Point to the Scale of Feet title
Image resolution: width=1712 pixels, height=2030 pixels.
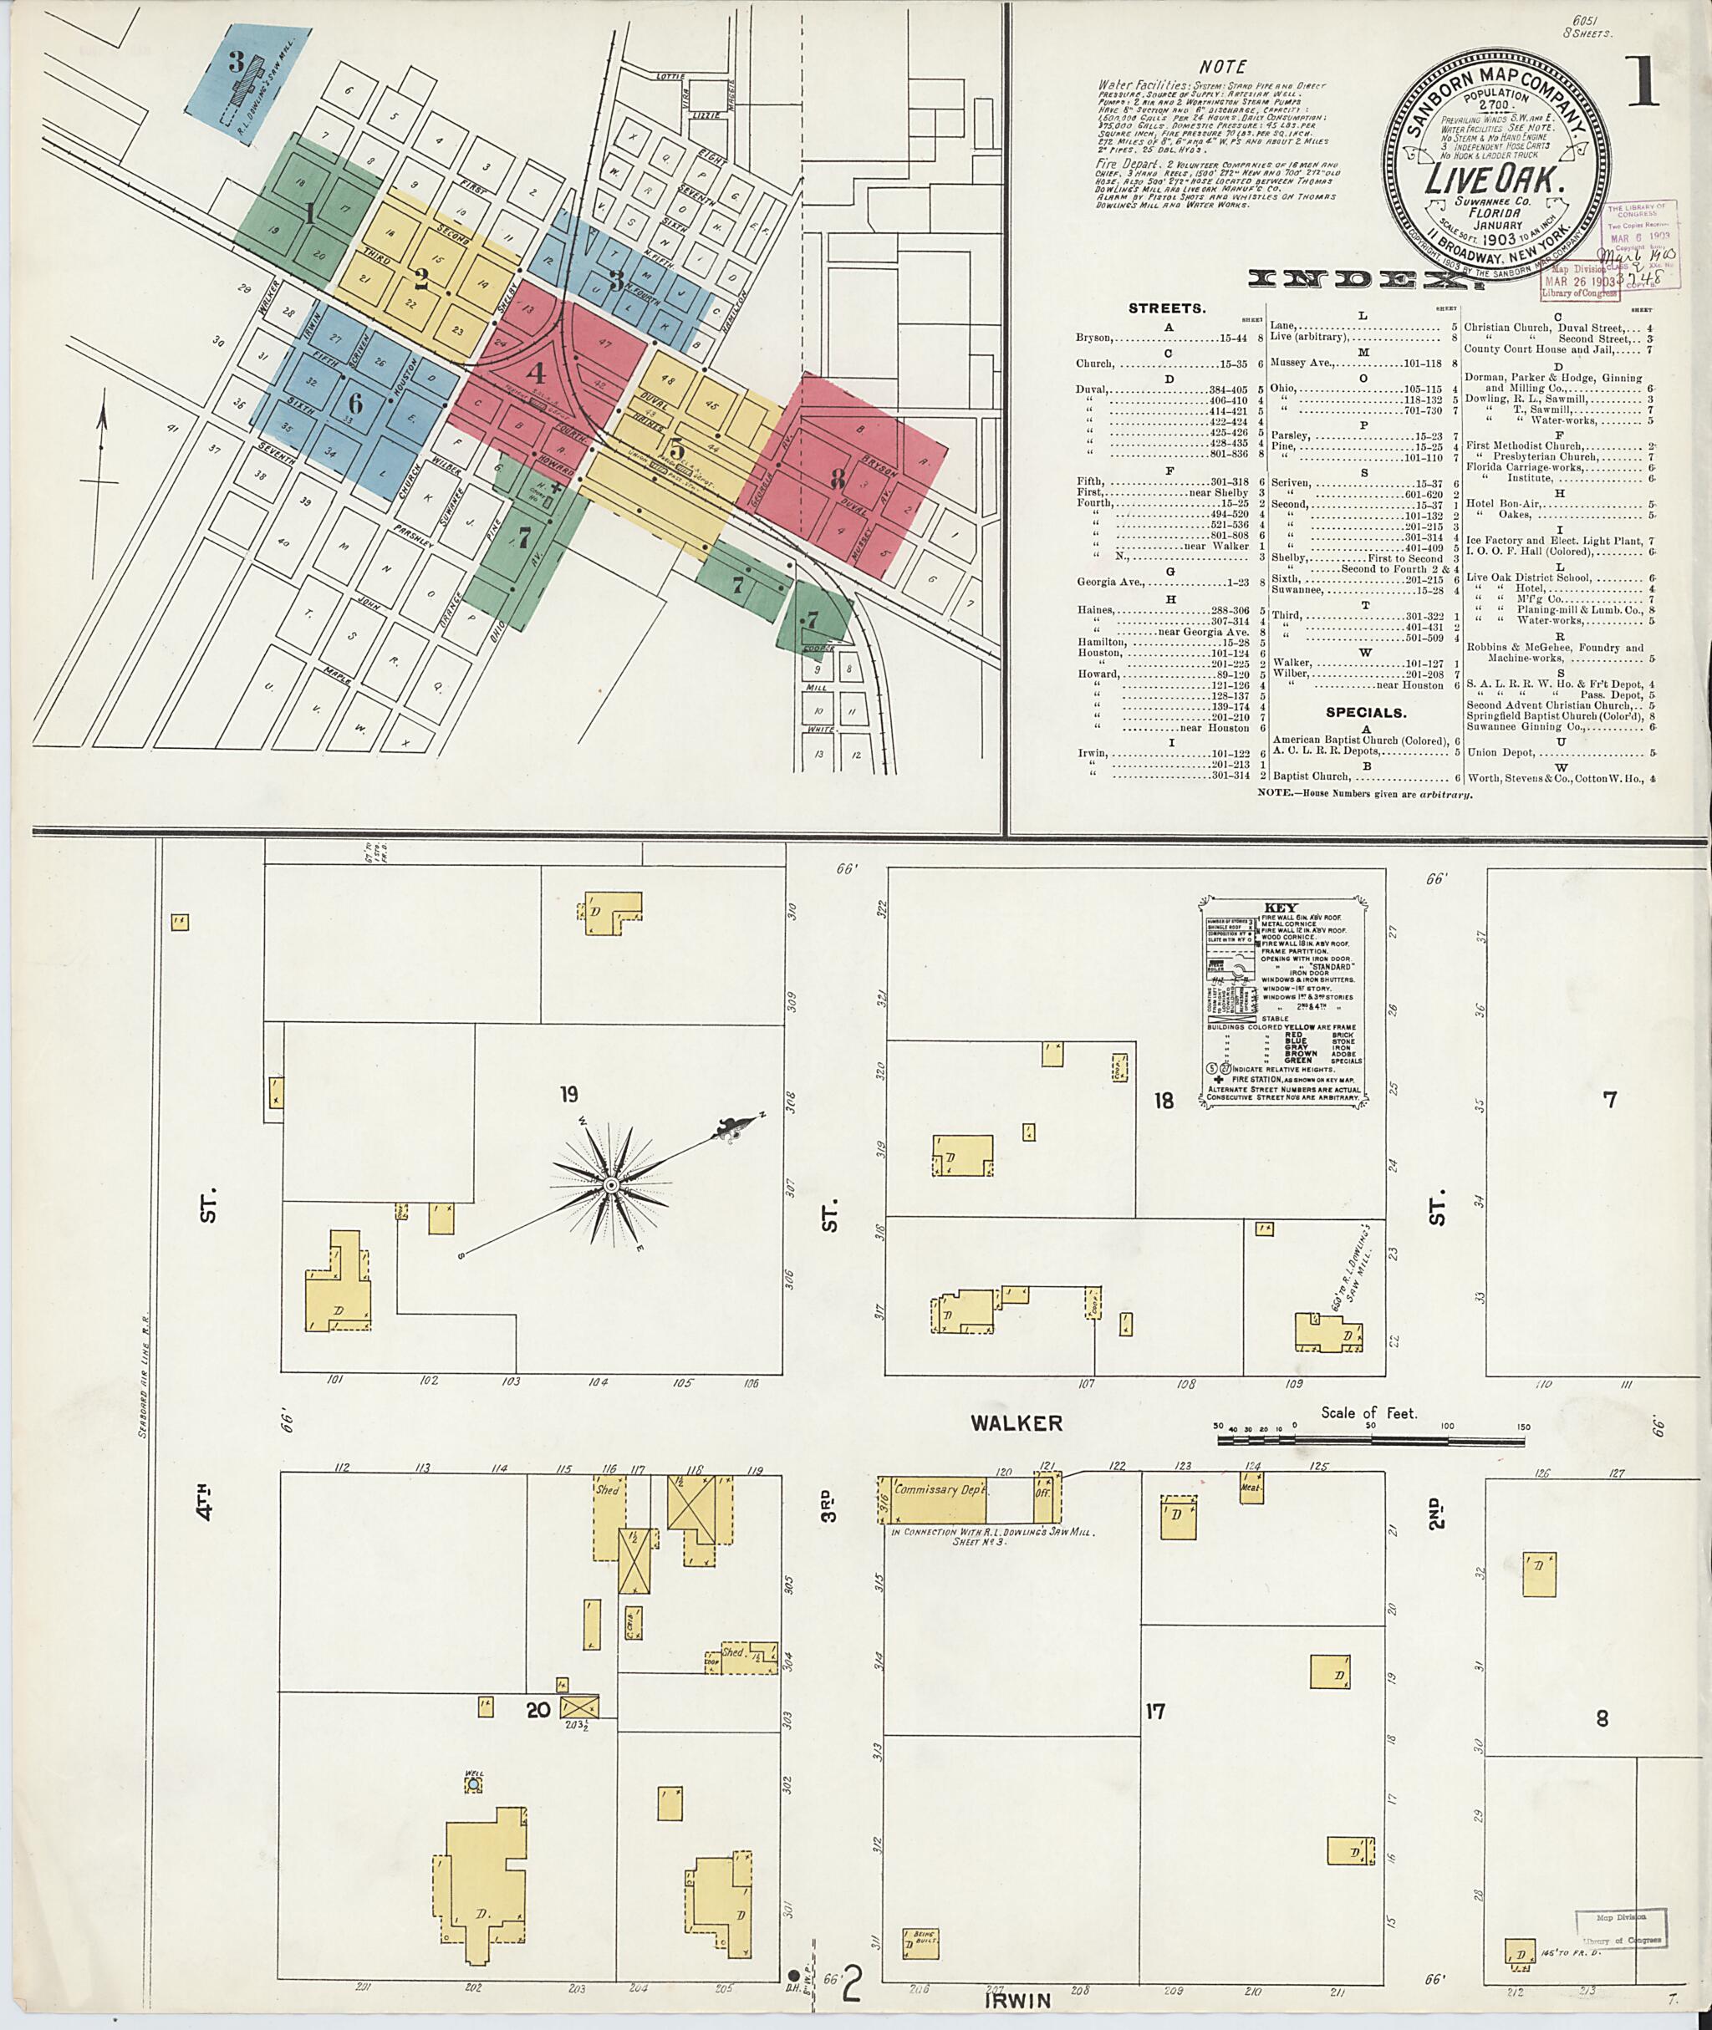(1368, 1413)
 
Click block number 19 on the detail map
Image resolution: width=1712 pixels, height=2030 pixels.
(568, 1095)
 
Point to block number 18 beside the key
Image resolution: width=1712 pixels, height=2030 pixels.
(1163, 1100)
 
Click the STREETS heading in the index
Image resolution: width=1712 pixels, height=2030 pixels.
(1167, 308)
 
